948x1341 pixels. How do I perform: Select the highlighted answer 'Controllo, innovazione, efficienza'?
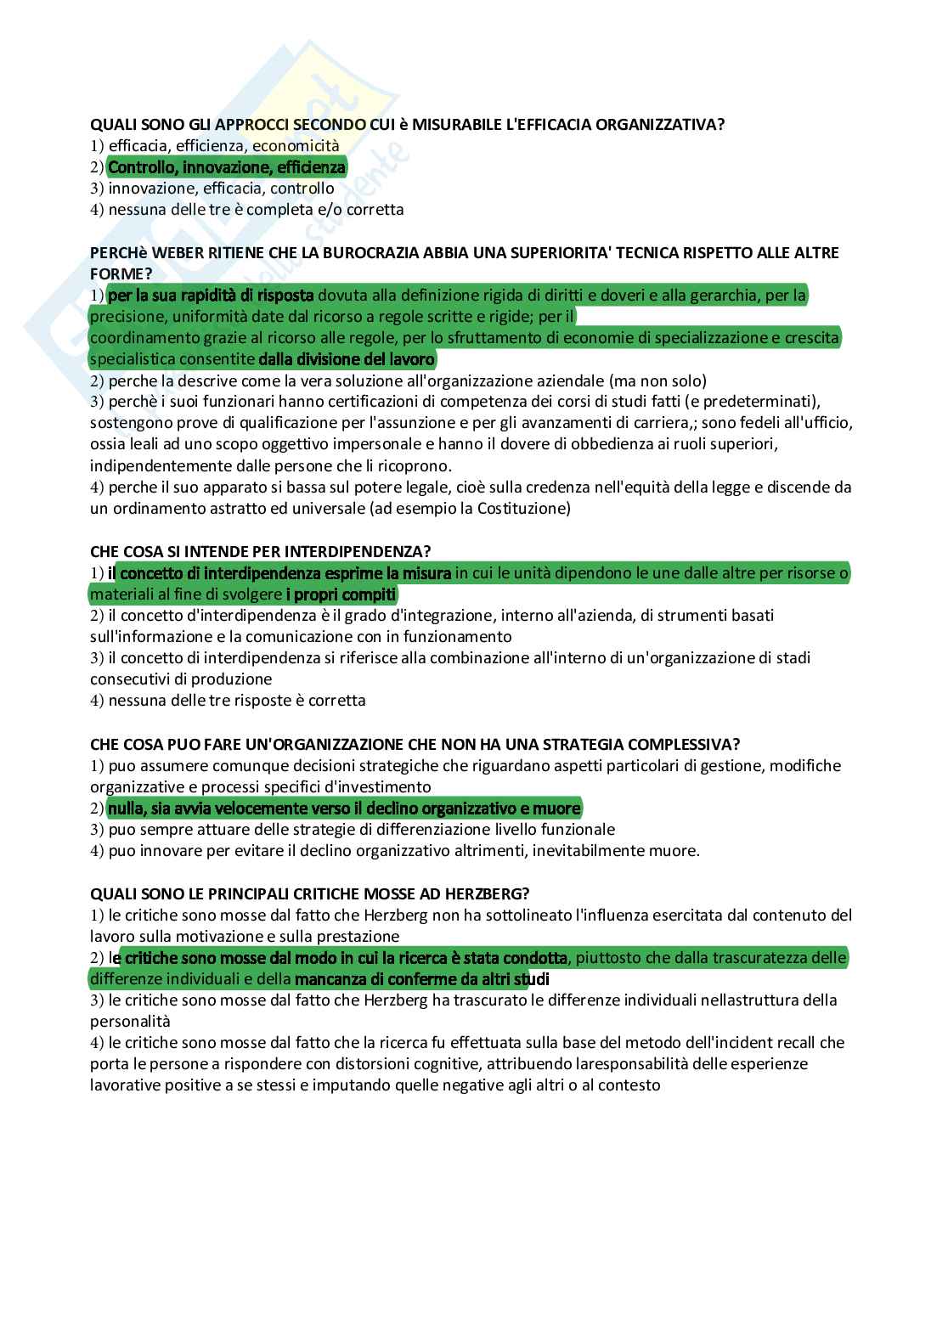click(227, 167)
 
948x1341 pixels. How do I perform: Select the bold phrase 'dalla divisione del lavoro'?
click(347, 359)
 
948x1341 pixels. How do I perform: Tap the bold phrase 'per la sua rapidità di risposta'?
click(212, 296)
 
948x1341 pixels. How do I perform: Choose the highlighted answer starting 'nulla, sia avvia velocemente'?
click(344, 808)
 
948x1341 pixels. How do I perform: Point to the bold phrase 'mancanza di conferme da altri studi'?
click(422, 979)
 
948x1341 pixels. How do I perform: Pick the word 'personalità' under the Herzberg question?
click(130, 1022)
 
